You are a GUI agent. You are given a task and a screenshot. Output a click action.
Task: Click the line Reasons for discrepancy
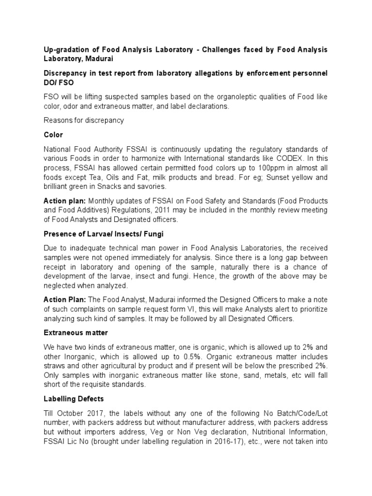tap(83, 120)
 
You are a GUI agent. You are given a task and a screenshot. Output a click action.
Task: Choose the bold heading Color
tap(53, 134)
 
